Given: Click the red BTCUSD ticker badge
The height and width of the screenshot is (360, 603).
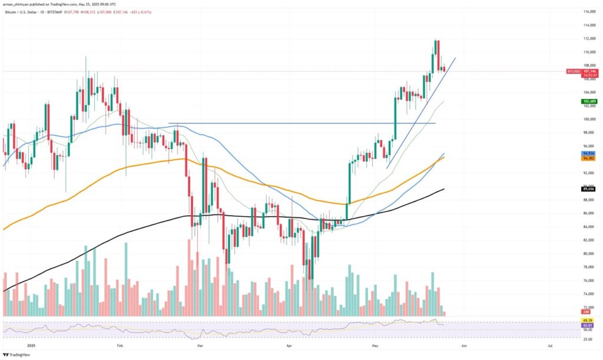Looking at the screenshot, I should [x=573, y=71].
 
